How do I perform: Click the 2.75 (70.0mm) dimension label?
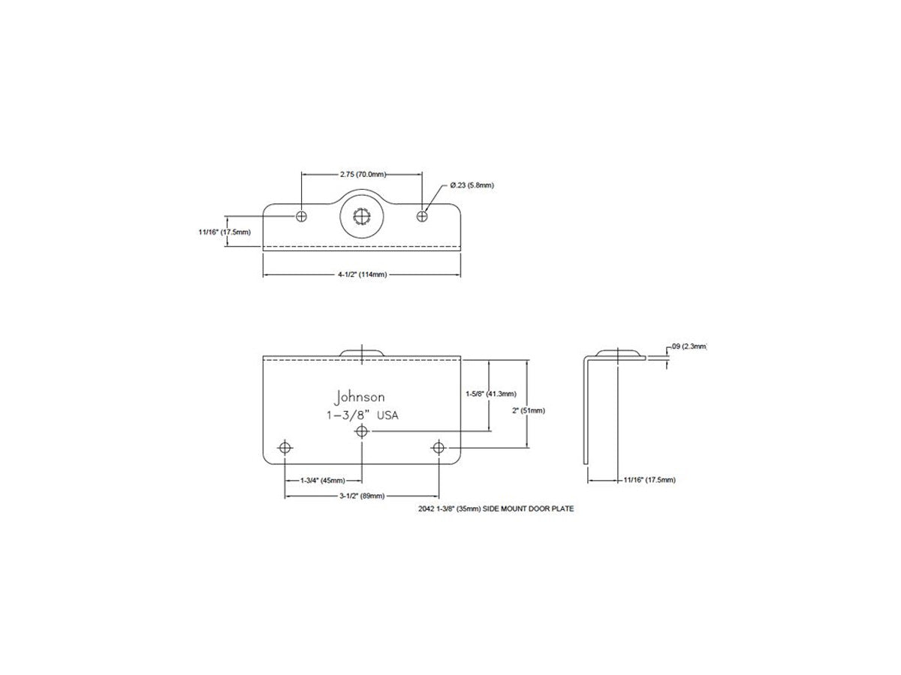pos(363,174)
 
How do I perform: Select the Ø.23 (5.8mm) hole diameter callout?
pos(472,185)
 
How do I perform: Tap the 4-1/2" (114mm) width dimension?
pos(362,274)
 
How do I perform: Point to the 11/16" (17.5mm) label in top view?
pos(224,232)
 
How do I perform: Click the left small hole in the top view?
pos(301,216)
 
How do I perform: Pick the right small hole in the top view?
pos(422,216)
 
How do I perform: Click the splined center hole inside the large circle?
pos(361,217)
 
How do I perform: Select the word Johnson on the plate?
pos(360,397)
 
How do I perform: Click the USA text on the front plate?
pos(387,415)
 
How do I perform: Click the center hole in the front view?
pos(362,431)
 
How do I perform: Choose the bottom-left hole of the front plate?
pos(285,448)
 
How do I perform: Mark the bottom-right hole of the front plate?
pos(438,448)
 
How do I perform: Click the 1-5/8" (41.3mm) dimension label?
pos(490,394)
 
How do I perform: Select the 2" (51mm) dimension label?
pos(529,410)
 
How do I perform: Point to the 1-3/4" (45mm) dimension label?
pos(323,480)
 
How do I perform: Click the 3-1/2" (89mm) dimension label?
pos(362,496)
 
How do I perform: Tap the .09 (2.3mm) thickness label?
pos(689,346)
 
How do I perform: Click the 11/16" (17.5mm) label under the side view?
pos(649,480)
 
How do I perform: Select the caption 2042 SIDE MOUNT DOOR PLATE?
pos(496,508)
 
